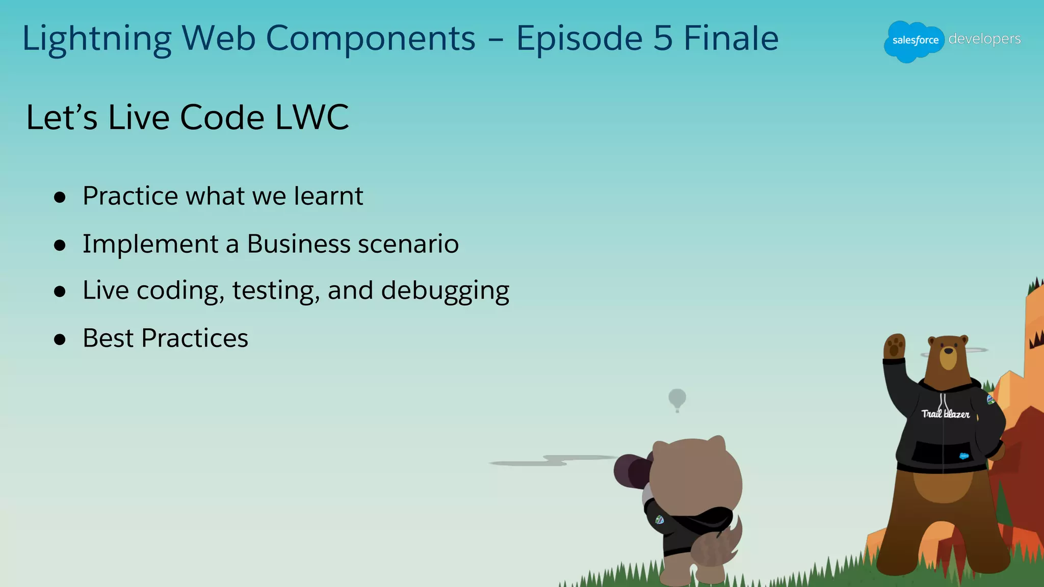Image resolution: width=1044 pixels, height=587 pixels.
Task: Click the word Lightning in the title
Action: [97, 40]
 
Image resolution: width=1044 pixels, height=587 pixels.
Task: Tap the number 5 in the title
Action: [663, 39]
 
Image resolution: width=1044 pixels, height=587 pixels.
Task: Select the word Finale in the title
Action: [731, 39]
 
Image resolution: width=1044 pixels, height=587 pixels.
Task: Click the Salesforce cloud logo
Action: [914, 41]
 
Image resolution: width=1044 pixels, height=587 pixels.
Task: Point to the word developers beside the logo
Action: [984, 39]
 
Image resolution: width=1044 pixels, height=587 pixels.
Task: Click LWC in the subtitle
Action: [312, 118]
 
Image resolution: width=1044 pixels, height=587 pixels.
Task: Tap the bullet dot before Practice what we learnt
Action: [60, 198]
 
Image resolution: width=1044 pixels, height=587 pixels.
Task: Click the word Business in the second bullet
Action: [298, 244]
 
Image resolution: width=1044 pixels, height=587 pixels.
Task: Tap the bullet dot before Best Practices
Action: [60, 339]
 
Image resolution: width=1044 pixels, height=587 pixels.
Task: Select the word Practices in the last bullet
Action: [195, 338]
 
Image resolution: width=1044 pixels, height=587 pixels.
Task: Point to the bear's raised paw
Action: [894, 346]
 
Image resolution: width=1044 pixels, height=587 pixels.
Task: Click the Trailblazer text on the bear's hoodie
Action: [945, 414]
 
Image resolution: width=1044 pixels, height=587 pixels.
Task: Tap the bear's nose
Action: [949, 351]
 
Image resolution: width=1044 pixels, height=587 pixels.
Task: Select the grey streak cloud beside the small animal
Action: [553, 461]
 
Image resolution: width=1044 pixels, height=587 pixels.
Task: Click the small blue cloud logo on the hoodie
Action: [964, 456]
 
